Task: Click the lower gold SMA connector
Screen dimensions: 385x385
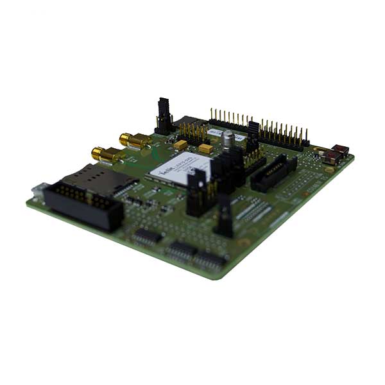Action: tap(105, 154)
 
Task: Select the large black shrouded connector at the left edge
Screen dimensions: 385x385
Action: tap(83, 201)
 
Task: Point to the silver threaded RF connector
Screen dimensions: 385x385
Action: tap(227, 140)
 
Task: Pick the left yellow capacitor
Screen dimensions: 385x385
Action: tap(180, 145)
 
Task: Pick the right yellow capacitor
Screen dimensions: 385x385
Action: tap(205, 149)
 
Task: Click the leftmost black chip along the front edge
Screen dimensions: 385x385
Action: tap(147, 236)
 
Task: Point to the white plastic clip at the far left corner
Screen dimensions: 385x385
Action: tap(37, 189)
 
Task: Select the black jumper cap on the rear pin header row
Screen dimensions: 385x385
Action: tap(253, 134)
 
